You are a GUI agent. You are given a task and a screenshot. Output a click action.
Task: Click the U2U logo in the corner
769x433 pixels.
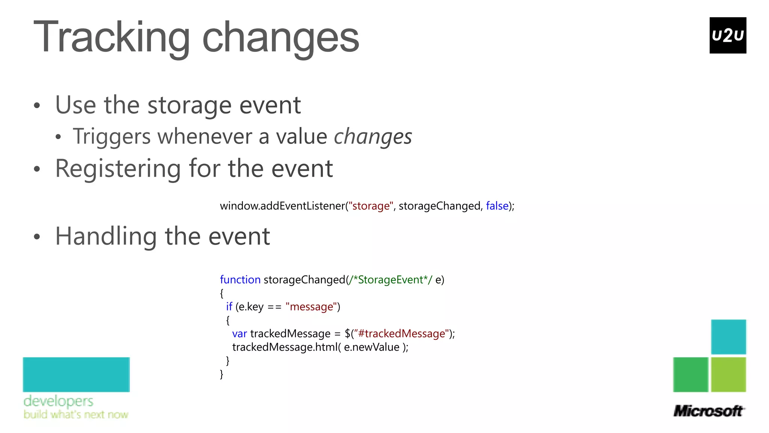[x=727, y=35]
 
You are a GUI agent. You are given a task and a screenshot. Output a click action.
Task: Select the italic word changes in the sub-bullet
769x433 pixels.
[x=372, y=136]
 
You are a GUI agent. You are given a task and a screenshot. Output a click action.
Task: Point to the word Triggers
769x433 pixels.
[x=112, y=136]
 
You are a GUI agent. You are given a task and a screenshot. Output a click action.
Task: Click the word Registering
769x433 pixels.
[x=118, y=169]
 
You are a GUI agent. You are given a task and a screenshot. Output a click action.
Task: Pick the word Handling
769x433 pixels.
[x=106, y=236]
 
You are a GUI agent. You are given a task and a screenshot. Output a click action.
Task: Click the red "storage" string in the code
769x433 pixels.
[x=371, y=206]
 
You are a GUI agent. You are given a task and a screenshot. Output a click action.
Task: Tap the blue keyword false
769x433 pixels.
[x=497, y=206]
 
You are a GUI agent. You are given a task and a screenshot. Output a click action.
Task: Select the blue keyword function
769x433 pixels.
[x=240, y=280]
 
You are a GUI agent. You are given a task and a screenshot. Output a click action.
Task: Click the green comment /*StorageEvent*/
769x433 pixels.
[x=390, y=280]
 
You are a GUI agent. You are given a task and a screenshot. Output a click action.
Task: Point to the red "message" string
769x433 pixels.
[x=311, y=307]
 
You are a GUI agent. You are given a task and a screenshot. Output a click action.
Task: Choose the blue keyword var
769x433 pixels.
[x=240, y=334]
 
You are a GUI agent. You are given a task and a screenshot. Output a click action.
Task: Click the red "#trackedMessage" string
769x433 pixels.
[x=401, y=334]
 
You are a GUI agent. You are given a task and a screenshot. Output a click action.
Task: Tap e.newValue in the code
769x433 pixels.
[x=371, y=347]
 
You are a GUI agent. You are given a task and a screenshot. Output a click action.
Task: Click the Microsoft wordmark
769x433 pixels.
[x=708, y=411]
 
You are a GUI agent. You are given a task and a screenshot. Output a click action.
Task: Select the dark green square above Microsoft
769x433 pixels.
[x=691, y=374]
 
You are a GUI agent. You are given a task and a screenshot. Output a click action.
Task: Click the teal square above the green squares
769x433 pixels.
[x=728, y=337]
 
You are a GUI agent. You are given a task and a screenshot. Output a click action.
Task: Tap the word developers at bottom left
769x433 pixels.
[x=58, y=401]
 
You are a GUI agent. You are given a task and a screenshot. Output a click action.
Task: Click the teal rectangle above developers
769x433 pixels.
[x=76, y=374]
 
